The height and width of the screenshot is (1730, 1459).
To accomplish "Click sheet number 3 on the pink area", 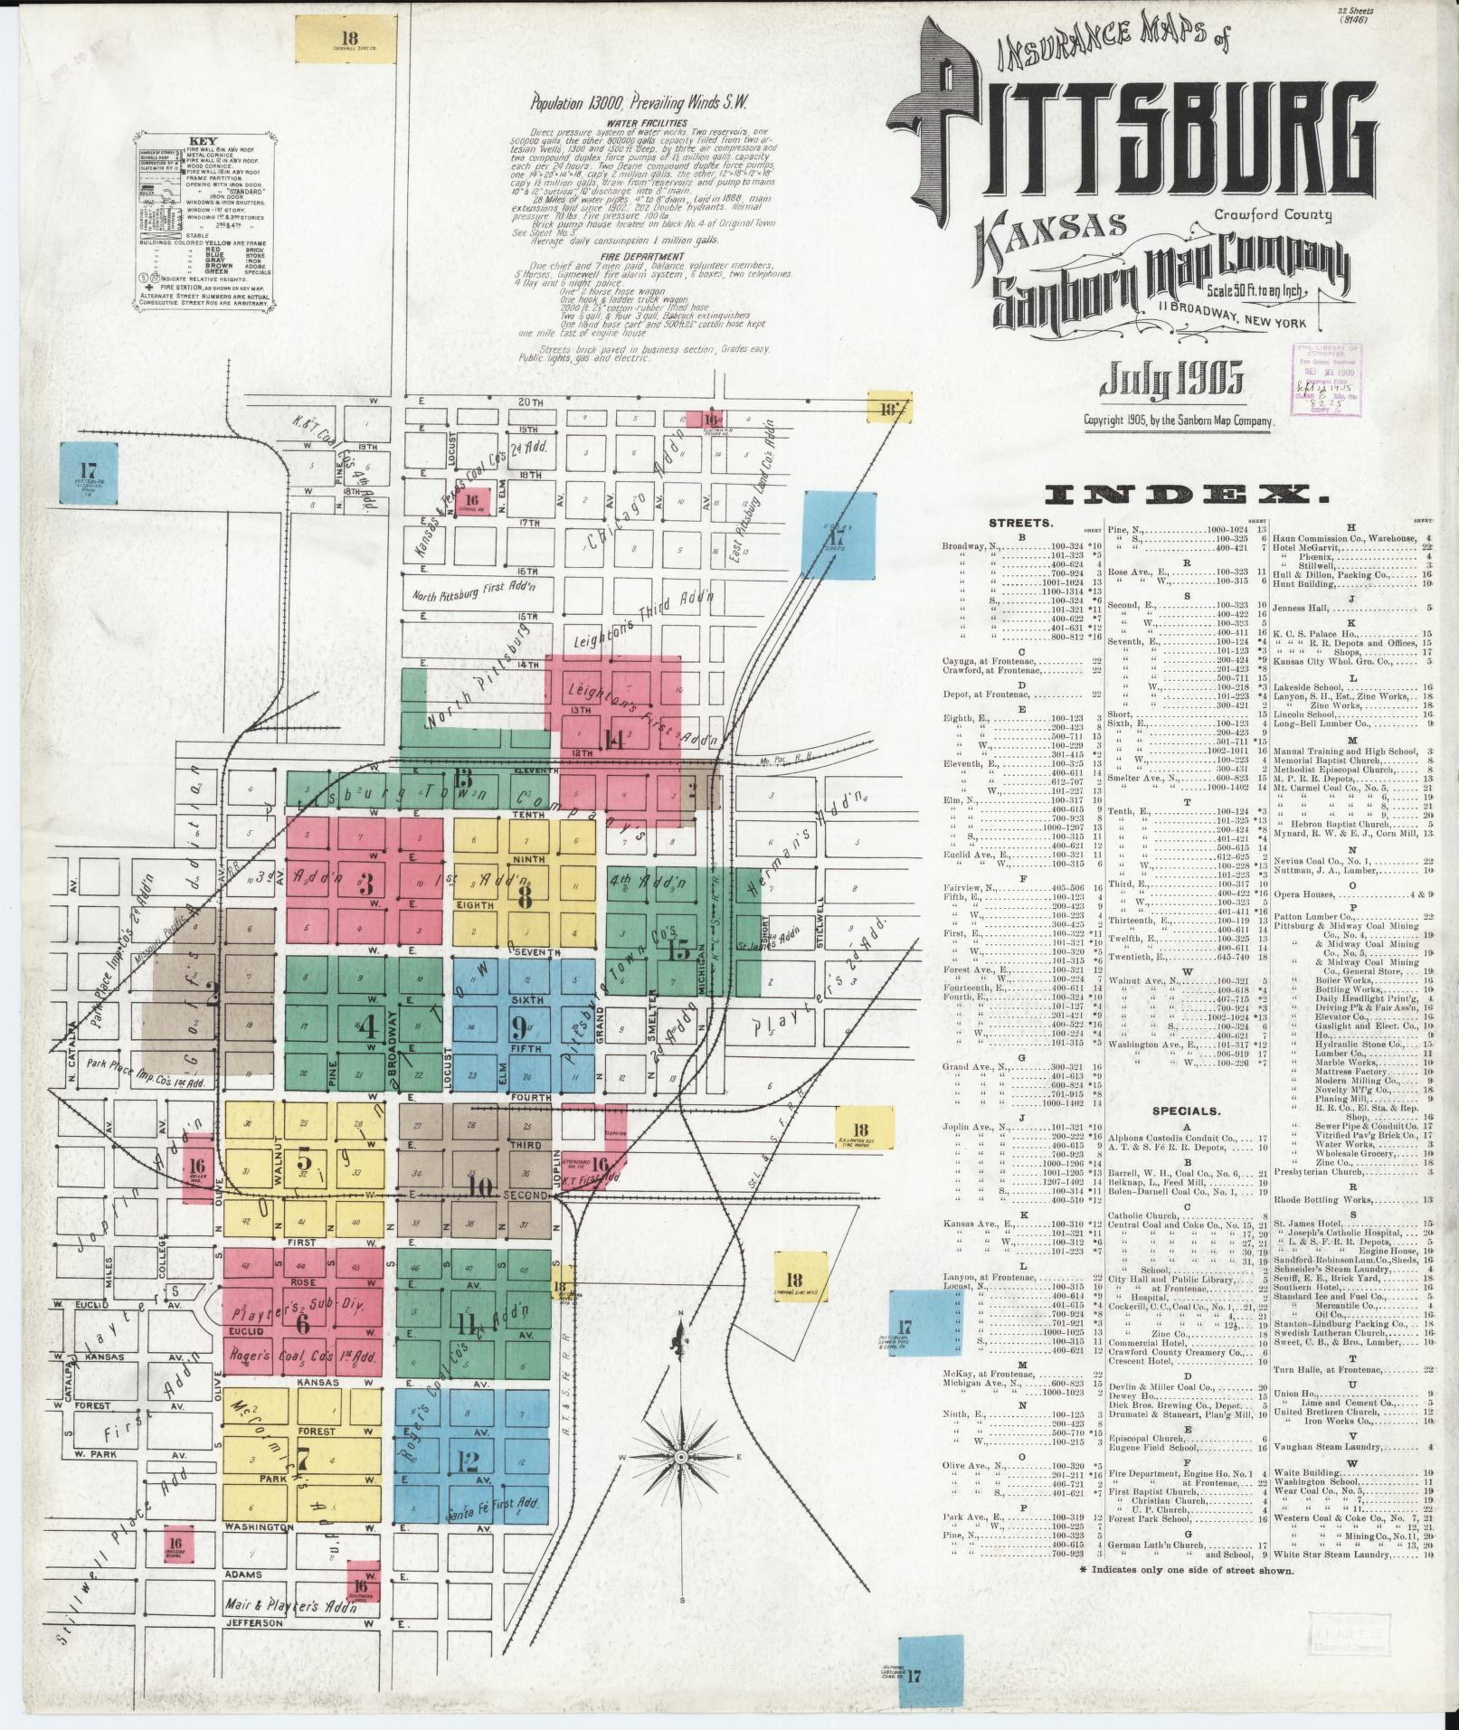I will pos(366,883).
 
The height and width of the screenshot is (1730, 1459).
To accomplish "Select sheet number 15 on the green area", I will pos(677,950).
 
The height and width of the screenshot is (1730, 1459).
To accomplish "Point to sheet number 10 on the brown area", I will pos(479,1186).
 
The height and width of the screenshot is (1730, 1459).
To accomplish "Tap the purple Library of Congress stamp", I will pos(1327,379).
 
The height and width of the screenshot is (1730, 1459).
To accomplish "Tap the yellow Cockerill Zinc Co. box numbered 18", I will pos(350,39).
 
